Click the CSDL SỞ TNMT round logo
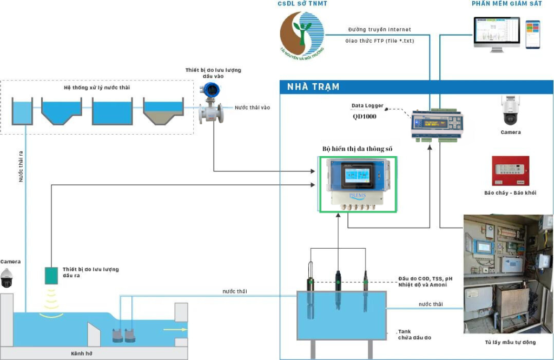coord(302,34)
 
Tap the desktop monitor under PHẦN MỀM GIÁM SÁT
coord(496,34)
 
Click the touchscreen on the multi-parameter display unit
coord(358,175)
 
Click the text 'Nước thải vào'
coord(252,108)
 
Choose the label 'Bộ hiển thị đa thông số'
coord(357,148)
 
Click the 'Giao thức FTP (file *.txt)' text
coord(379,41)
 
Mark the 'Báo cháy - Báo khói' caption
coord(510,192)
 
